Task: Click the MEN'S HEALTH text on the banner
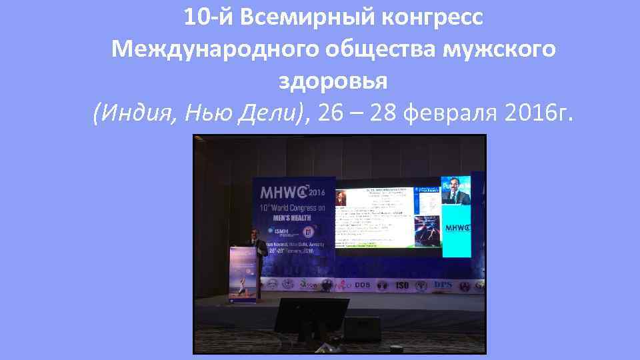292,221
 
